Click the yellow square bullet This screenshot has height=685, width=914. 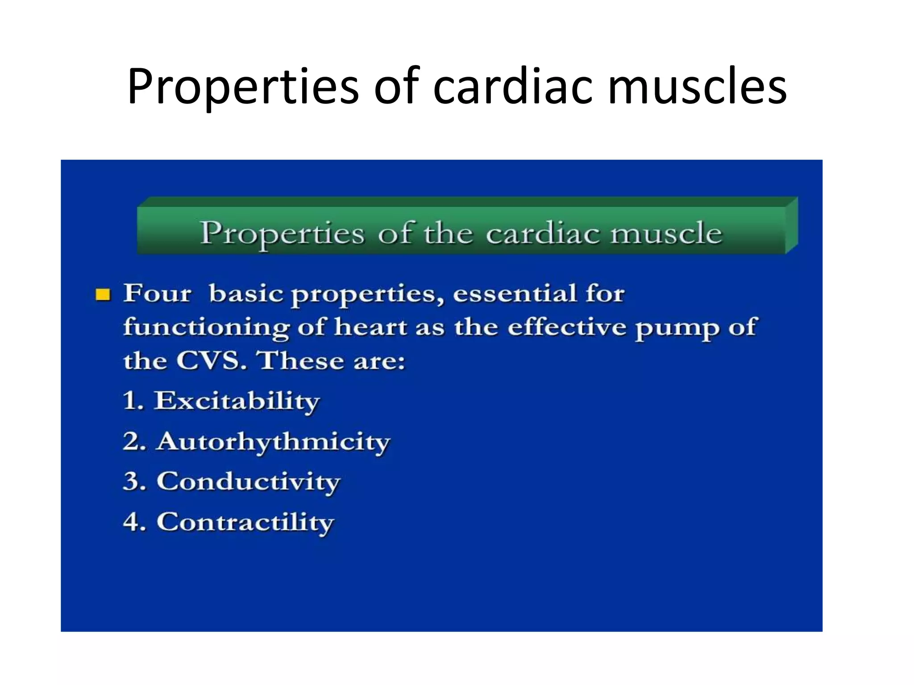click(103, 295)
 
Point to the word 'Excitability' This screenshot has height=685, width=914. click(237, 401)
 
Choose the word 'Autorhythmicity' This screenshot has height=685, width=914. click(273, 442)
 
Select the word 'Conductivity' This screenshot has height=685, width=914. click(248, 482)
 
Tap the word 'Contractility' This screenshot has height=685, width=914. click(245, 522)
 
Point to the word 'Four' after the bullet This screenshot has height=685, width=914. click(157, 294)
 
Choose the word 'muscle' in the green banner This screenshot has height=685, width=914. click(666, 233)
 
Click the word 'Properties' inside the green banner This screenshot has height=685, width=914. click(283, 234)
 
